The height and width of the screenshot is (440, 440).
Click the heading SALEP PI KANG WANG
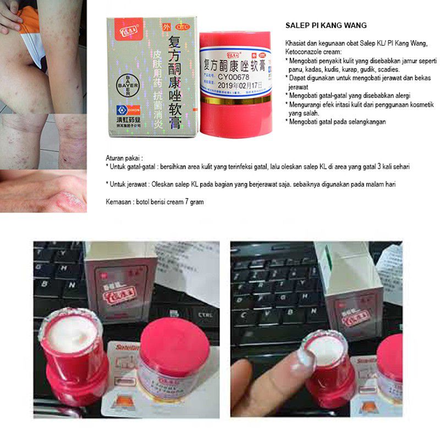pyautogui.click(x=326, y=25)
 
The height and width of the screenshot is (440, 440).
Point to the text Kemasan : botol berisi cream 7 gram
pyautogui.click(x=155, y=202)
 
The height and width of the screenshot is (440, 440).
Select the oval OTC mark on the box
pyautogui.click(x=180, y=26)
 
